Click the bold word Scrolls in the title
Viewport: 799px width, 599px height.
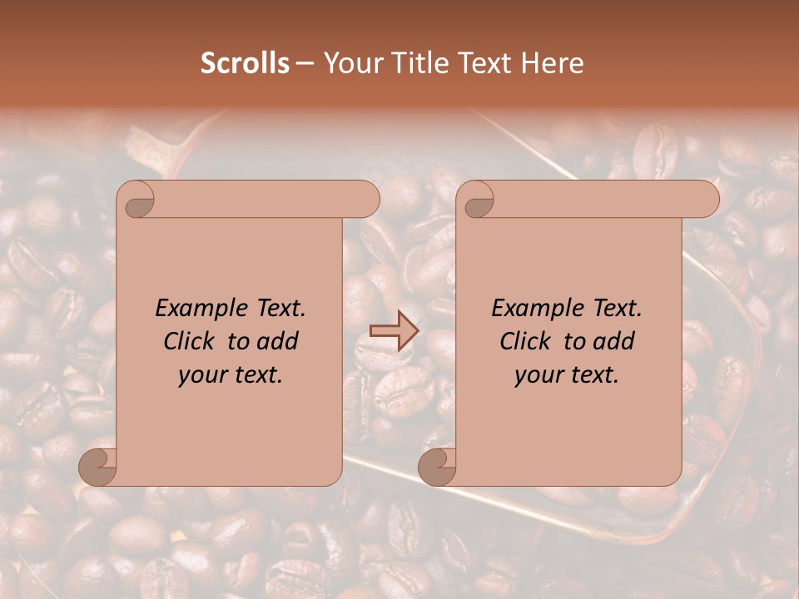pyautogui.click(x=245, y=63)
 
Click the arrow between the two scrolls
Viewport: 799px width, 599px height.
pyautogui.click(x=393, y=331)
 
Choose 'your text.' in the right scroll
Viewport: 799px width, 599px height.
pyautogui.click(x=567, y=375)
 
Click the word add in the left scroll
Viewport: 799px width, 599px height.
pyautogui.click(x=278, y=341)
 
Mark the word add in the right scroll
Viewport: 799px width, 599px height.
pyautogui.click(x=614, y=341)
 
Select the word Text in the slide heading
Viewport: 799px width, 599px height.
pyautogui.click(x=489, y=63)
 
